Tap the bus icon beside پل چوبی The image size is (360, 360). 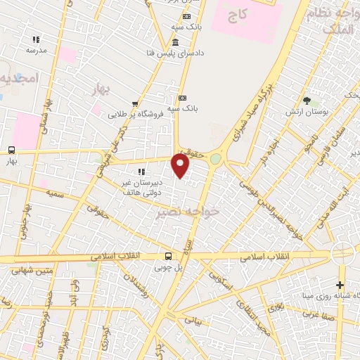168,257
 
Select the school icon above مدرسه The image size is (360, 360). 36,40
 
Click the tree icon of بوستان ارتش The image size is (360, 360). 306,101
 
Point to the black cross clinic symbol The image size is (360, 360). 340,285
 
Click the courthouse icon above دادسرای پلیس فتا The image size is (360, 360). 176,43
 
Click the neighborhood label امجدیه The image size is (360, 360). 15,77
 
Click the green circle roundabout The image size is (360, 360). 215,160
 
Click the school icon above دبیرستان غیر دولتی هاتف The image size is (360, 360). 141,171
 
